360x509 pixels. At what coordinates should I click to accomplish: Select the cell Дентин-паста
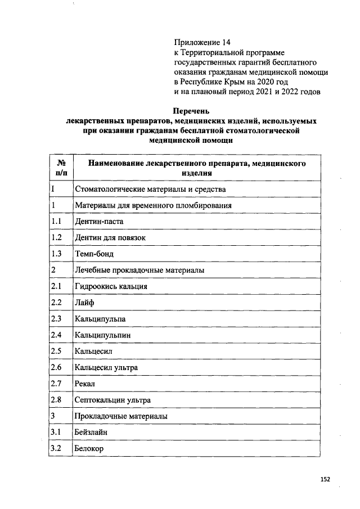(98, 222)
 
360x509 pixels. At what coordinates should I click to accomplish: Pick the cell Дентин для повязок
(110, 238)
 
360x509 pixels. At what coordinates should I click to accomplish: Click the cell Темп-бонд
(94, 254)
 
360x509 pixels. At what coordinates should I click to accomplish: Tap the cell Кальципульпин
(103, 336)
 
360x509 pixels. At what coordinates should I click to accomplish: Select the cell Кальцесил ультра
(106, 368)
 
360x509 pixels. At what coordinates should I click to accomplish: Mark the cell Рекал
(85, 384)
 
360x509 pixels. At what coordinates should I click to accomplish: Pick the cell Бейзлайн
(91, 433)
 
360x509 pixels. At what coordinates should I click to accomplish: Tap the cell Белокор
(89, 449)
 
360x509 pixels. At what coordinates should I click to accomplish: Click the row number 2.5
(56, 352)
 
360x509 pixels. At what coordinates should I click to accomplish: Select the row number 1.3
(56, 254)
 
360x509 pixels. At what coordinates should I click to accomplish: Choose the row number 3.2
(56, 449)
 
